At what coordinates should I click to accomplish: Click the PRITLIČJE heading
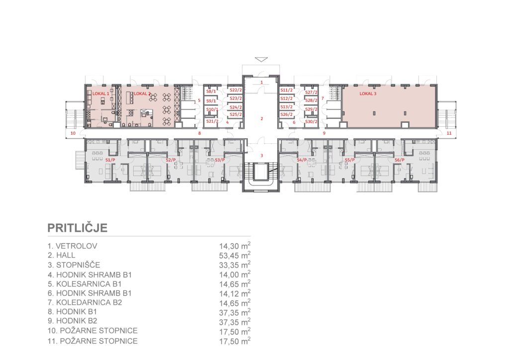coord(77,228)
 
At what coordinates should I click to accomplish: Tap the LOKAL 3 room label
coord(368,93)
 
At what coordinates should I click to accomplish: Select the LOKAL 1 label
coord(101,93)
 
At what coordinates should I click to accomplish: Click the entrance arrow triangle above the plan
coord(261,59)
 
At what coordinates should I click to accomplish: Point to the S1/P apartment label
coord(110,160)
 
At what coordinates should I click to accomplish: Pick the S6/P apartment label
coord(399,160)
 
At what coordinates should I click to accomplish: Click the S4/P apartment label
coord(302,160)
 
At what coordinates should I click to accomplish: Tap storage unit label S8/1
coord(211,91)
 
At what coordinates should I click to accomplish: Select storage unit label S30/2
coord(311,121)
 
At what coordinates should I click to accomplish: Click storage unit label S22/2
coord(236,90)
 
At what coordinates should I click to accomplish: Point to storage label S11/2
coord(286,90)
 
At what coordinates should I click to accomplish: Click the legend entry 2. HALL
coord(61,255)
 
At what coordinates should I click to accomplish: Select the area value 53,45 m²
coord(235,255)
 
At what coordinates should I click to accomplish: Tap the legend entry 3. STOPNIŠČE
coord(74,265)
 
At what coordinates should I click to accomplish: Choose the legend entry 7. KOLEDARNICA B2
coord(85,302)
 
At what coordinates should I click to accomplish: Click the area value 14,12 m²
coord(235,293)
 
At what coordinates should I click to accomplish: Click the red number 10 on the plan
coord(73,133)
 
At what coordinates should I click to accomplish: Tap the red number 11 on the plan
coord(449,133)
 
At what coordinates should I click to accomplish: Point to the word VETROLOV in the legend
coord(76,246)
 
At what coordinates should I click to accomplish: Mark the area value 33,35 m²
coord(235,265)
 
